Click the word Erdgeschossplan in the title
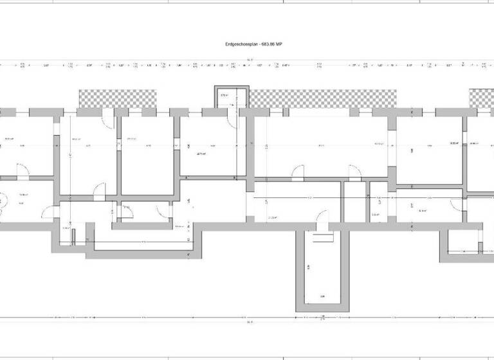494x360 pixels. tap(234, 44)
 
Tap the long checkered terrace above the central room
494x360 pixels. tap(324, 98)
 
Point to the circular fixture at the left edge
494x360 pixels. tap(2, 200)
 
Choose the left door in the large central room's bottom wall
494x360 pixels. tap(298, 172)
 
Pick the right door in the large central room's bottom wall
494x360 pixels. tap(354, 172)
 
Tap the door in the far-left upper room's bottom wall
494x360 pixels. tap(21, 172)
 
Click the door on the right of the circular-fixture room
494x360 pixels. tap(48, 213)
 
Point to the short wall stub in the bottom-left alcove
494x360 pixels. tap(74, 236)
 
